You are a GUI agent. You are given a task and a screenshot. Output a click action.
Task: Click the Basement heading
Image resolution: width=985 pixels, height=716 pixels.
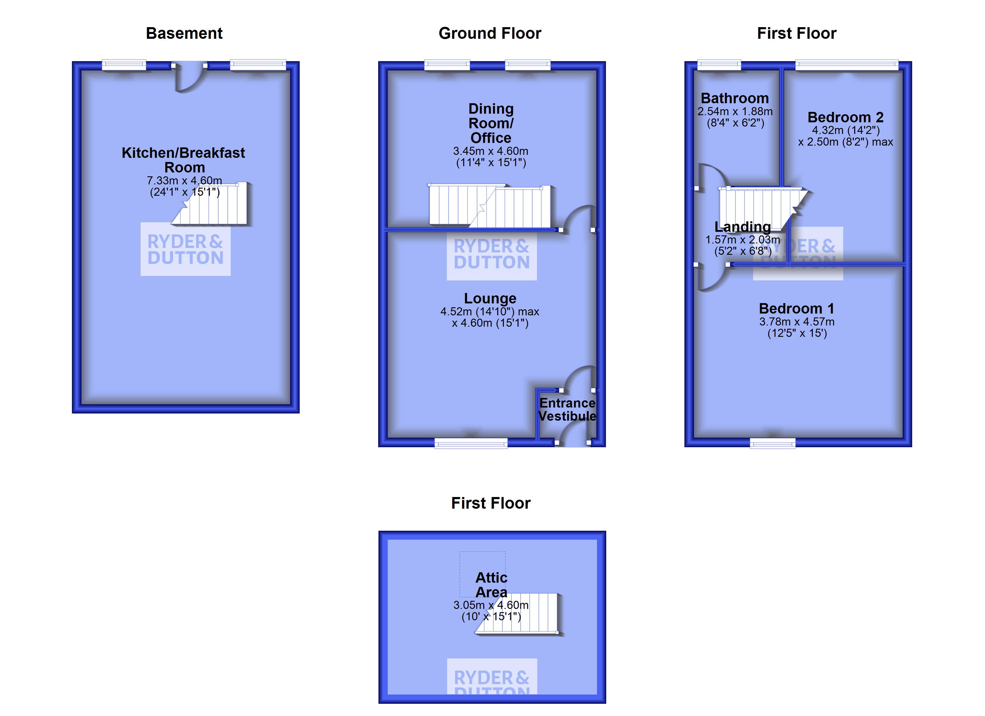tap(184, 33)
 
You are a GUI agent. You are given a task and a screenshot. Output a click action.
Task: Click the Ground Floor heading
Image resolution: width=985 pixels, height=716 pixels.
tap(490, 33)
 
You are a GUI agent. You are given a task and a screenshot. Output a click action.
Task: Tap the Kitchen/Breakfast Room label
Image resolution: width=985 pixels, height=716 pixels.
tap(183, 160)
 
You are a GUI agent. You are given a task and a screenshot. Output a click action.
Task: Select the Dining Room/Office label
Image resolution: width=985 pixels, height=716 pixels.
tap(491, 123)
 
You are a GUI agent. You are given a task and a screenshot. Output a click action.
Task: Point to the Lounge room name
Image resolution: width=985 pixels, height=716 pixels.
tap(490, 298)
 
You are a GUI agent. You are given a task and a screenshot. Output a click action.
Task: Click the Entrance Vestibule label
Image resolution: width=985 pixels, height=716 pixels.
tap(567, 409)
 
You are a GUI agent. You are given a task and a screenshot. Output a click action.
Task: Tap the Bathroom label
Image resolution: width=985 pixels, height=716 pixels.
tap(735, 98)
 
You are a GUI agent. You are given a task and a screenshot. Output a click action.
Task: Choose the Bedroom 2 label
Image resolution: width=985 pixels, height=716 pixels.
tap(845, 117)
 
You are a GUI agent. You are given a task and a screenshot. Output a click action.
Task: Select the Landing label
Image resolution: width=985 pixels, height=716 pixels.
tap(743, 227)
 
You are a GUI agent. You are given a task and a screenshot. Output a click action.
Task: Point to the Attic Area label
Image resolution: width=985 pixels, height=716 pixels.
tap(491, 584)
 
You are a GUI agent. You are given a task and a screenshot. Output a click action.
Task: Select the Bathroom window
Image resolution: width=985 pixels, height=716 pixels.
tap(719, 65)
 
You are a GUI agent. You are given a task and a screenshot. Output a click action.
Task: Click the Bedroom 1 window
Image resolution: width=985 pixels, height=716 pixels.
tap(772, 443)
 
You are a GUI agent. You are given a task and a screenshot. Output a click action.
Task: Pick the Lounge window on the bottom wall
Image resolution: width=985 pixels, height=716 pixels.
tap(471, 443)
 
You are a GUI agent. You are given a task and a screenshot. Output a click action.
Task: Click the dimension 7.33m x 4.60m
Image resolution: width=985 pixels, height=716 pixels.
tap(184, 180)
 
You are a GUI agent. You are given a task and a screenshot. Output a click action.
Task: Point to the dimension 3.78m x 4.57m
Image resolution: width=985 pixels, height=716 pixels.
tap(797, 322)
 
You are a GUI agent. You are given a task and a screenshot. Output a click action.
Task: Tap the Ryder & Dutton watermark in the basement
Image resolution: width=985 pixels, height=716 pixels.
tap(185, 249)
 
